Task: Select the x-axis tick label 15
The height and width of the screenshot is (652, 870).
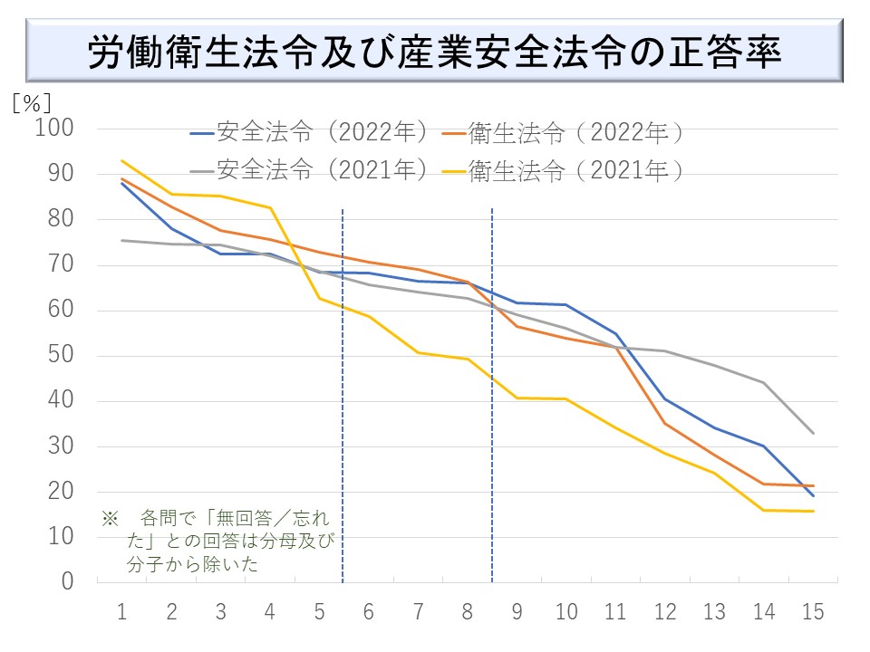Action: coord(813,612)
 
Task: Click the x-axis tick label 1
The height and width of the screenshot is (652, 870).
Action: coord(121,612)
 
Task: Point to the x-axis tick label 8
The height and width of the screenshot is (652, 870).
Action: coord(468,612)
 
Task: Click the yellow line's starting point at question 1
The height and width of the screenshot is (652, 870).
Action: coord(121,161)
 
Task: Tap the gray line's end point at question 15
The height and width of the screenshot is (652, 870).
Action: coord(813,433)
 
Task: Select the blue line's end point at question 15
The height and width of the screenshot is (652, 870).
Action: coord(813,495)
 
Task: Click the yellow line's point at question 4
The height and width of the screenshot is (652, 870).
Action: coord(270,207)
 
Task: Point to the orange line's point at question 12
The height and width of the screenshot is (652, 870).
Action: coord(665,423)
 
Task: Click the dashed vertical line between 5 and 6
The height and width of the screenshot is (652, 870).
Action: coord(343,398)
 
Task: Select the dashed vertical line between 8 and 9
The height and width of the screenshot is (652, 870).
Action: coord(492,398)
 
